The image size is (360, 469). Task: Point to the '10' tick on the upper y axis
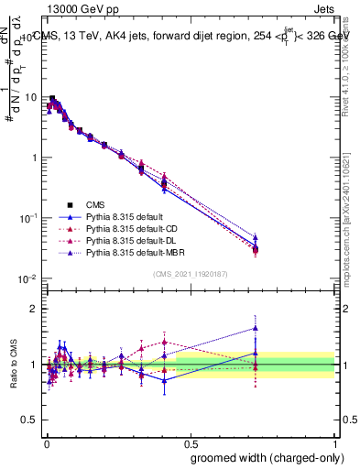coord(32,97)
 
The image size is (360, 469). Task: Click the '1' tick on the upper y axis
coord(35,158)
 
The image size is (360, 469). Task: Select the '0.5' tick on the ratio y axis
coord(30,420)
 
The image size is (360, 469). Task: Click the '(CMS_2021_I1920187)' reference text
coord(190,273)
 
